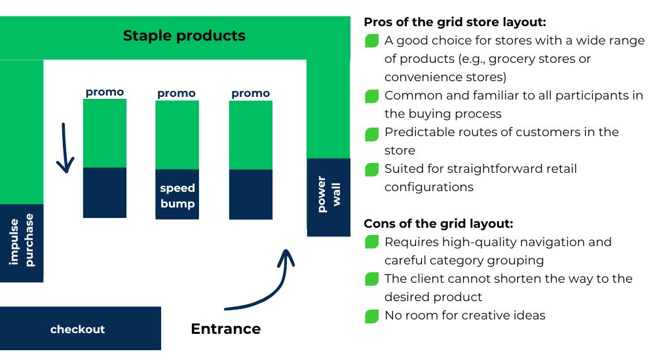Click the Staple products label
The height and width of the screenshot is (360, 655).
pos(184,35)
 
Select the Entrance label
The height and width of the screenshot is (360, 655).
pos(225,329)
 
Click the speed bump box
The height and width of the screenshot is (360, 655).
pos(178,195)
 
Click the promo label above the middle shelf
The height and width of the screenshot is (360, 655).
pos(176,94)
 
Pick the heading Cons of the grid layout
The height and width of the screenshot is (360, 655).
pos(438,223)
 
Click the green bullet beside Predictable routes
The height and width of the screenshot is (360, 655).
pos(372,134)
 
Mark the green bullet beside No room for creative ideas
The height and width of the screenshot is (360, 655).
pos(372,317)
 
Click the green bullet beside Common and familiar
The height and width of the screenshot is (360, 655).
pos(372,97)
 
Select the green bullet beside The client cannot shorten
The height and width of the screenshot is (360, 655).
pos(372,280)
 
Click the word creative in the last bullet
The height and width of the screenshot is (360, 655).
pos(478,315)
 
